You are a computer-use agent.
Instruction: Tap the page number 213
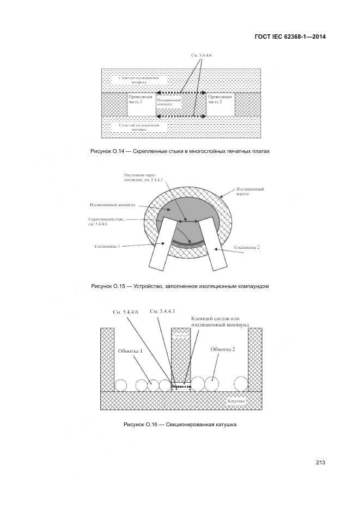(x=320, y=463)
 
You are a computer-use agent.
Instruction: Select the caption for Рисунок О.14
(x=180, y=151)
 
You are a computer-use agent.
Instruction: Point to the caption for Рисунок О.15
(x=180, y=286)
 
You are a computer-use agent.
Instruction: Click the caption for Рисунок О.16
(x=180, y=425)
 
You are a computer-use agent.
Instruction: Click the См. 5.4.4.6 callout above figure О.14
(x=201, y=56)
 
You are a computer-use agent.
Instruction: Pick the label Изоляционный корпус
(x=251, y=191)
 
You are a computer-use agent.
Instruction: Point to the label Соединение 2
(x=247, y=247)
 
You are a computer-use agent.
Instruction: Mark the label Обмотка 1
(x=130, y=351)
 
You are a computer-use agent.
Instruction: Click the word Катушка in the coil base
(x=236, y=401)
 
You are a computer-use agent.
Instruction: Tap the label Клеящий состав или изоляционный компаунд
(x=220, y=321)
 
